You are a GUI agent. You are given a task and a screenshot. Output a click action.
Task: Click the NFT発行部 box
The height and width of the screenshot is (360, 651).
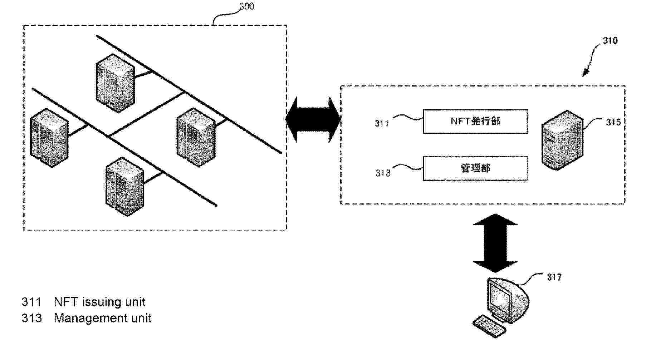pyautogui.click(x=475, y=122)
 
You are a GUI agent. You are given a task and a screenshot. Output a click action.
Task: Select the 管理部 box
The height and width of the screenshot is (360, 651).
pyautogui.click(x=475, y=168)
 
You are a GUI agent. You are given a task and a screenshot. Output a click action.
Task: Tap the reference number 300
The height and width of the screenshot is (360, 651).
pyautogui.click(x=246, y=6)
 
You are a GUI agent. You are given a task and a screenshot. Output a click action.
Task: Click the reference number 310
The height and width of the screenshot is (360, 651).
pyautogui.click(x=610, y=41)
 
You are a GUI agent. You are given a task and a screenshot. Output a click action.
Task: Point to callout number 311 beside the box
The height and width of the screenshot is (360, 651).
pyautogui.click(x=382, y=123)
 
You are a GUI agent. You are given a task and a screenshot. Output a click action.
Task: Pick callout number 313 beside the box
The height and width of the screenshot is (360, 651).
pyautogui.click(x=382, y=173)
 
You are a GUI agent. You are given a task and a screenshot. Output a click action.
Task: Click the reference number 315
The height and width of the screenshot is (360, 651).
pyautogui.click(x=613, y=122)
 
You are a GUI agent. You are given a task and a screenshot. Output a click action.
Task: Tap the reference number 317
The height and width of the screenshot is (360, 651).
pyautogui.click(x=554, y=277)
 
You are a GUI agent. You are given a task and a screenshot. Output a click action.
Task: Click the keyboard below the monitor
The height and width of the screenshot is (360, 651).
pyautogui.click(x=489, y=326)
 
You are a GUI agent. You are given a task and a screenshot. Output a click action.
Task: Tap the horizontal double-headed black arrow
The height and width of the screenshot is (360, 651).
pyautogui.click(x=313, y=120)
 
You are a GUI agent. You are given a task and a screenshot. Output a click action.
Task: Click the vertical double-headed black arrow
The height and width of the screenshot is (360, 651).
pyautogui.click(x=495, y=243)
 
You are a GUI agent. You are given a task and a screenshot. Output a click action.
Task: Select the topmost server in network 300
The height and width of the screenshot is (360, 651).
pyautogui.click(x=115, y=83)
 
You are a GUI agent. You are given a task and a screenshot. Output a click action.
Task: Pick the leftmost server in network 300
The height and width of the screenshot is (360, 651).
pyautogui.click(x=49, y=138)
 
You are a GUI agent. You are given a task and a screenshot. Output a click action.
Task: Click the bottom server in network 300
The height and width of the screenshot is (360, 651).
pyautogui.click(x=124, y=186)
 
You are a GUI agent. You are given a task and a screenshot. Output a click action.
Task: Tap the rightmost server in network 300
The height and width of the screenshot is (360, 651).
pyautogui.click(x=196, y=137)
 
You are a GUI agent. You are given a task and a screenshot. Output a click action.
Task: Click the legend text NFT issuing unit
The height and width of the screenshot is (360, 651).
pyautogui.click(x=99, y=302)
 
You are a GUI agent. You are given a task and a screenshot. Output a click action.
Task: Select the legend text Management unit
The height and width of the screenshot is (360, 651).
pyautogui.click(x=102, y=318)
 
